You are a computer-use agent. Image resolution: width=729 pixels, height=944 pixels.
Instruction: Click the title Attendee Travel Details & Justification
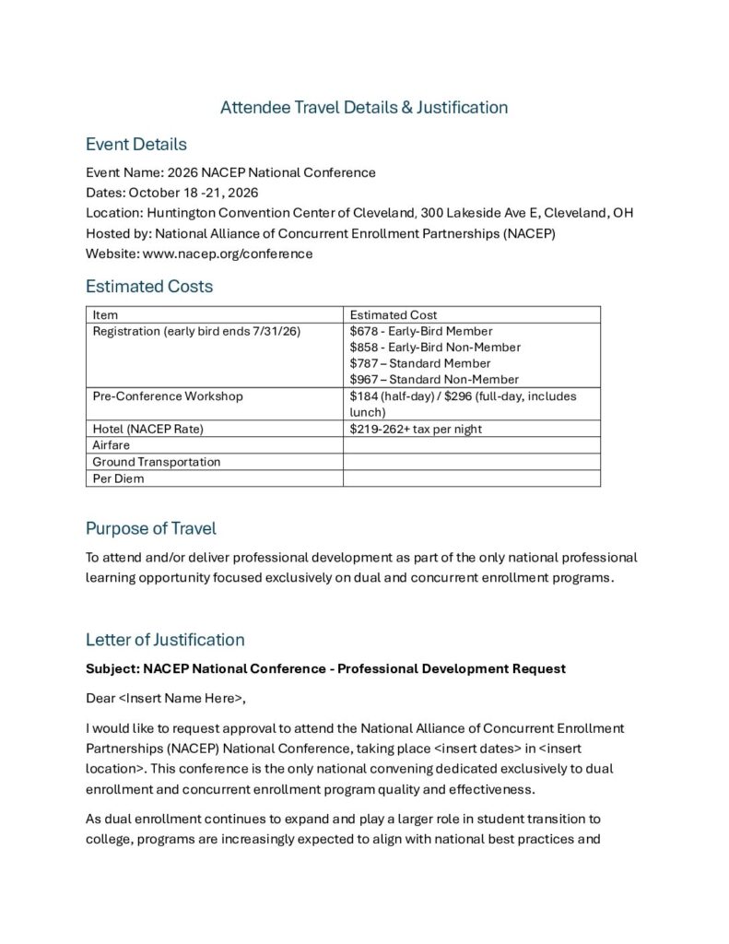click(x=364, y=108)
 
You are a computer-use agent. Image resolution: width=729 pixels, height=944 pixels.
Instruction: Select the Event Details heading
click(x=135, y=145)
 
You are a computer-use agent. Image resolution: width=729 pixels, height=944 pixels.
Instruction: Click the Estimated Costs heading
click(x=148, y=287)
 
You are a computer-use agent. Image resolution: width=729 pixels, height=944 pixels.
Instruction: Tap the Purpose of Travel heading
click(x=151, y=528)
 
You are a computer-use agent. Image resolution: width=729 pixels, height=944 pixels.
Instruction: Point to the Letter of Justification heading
click(x=165, y=640)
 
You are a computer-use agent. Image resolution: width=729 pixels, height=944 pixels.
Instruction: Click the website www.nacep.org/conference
click(x=228, y=254)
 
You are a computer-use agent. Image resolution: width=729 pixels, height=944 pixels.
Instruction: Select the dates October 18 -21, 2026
click(x=194, y=193)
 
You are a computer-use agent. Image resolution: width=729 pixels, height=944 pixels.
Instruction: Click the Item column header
click(x=105, y=315)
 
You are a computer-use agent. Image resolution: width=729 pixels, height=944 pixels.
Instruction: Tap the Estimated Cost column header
click(x=394, y=315)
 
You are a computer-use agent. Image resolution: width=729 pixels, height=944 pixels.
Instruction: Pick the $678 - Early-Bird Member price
click(x=421, y=331)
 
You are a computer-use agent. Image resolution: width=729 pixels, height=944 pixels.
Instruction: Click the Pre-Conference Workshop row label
click(x=168, y=396)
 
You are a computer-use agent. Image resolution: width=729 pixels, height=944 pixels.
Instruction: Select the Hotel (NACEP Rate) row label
click(x=147, y=430)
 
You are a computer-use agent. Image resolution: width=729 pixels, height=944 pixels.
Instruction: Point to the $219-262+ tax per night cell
click(x=416, y=430)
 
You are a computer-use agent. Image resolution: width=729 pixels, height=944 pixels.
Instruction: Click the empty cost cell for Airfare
click(x=471, y=445)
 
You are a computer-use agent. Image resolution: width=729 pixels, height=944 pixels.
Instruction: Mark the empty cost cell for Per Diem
click(x=471, y=478)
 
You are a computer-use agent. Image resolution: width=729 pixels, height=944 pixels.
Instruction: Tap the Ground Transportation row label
click(x=157, y=462)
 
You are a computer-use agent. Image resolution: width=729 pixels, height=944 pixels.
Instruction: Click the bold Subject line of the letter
click(x=325, y=669)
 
